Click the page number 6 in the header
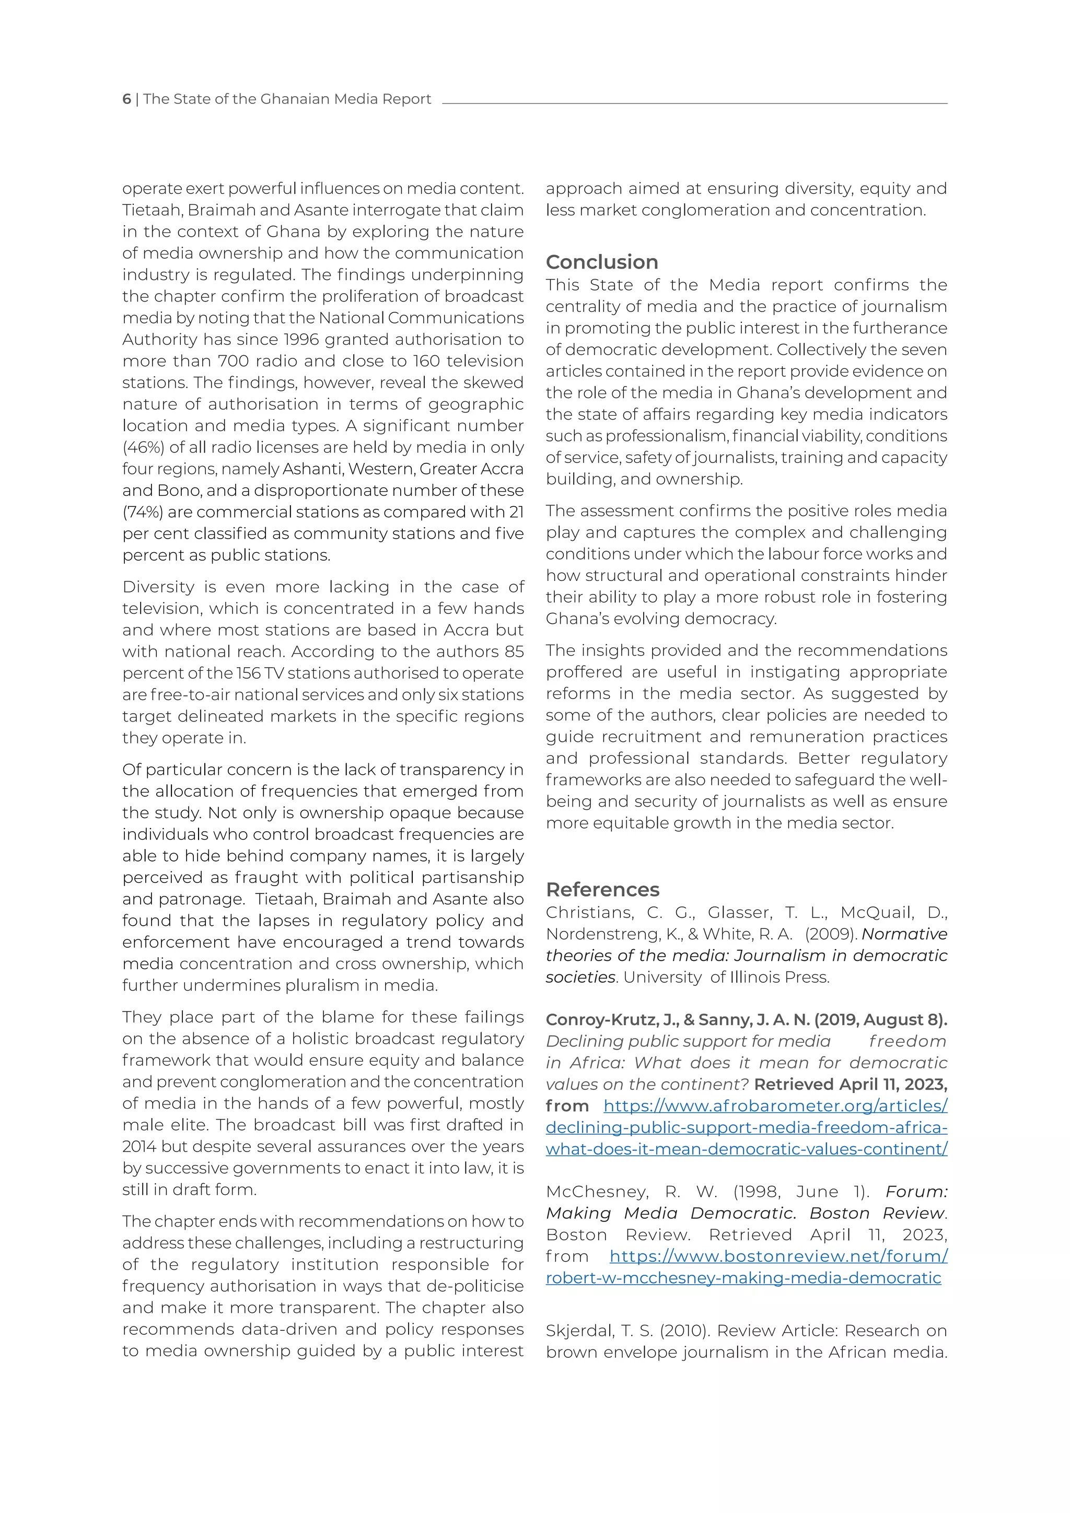pyautogui.click(x=126, y=99)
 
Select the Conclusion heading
pyautogui.click(x=601, y=262)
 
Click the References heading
pyautogui.click(x=602, y=890)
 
